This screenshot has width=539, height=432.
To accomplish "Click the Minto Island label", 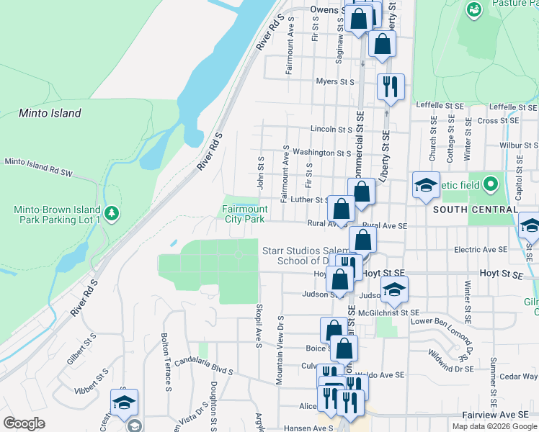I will [x=50, y=113].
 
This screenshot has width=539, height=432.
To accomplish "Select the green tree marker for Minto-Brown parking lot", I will [x=111, y=213].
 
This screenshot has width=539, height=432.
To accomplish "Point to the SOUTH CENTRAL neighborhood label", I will [x=475, y=209].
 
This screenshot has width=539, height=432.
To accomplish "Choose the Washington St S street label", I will [x=321, y=153].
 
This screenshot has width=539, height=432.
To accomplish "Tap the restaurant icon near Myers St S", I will [x=390, y=86].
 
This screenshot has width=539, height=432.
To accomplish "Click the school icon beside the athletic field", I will [x=426, y=184].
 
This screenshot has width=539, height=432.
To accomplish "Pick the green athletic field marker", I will [x=491, y=184].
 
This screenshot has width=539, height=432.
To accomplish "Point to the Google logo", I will [x=24, y=423].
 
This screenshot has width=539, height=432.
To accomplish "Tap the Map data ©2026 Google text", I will [x=494, y=426].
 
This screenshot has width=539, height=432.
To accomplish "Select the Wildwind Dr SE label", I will [x=450, y=361].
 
